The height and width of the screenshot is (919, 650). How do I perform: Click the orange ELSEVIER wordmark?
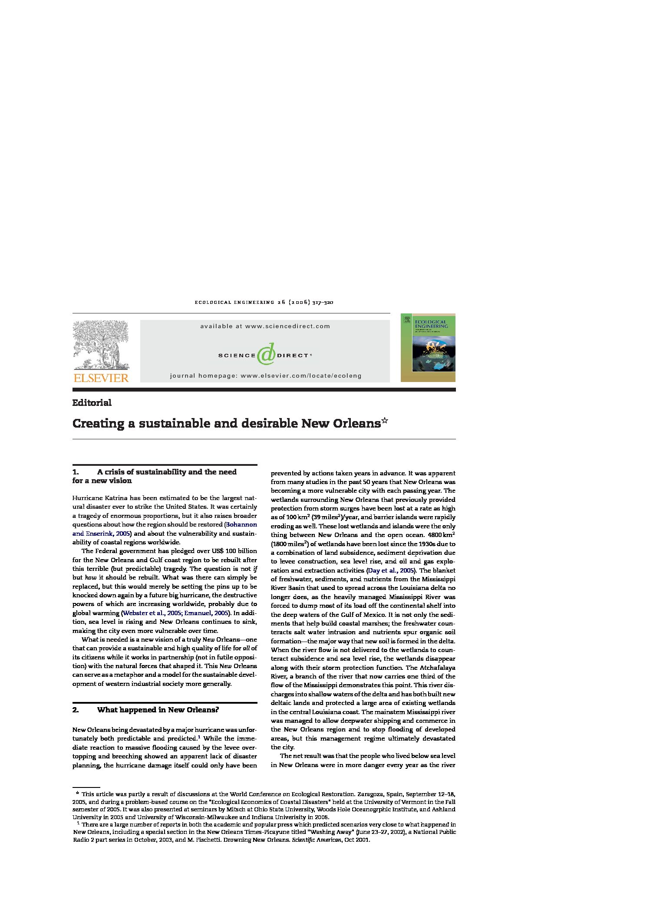click(101, 378)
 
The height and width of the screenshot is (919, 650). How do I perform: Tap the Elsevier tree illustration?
click(101, 344)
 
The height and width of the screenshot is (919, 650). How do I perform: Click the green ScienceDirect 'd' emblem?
click(266, 354)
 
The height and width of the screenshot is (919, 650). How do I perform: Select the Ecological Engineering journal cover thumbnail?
click(428, 347)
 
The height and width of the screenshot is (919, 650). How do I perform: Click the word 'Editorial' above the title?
click(92, 403)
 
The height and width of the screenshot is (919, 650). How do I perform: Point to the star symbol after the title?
click(385, 421)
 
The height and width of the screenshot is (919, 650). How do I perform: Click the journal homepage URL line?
click(265, 376)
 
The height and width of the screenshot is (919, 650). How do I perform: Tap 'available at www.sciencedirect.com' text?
click(265, 326)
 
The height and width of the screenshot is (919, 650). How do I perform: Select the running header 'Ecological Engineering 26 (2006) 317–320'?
click(264, 302)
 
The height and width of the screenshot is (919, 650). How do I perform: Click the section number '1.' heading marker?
click(76, 472)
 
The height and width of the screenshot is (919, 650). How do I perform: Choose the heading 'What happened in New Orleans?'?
click(158, 710)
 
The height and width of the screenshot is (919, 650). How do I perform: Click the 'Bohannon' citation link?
click(241, 524)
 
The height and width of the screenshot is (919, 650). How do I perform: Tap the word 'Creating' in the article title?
click(98, 423)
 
